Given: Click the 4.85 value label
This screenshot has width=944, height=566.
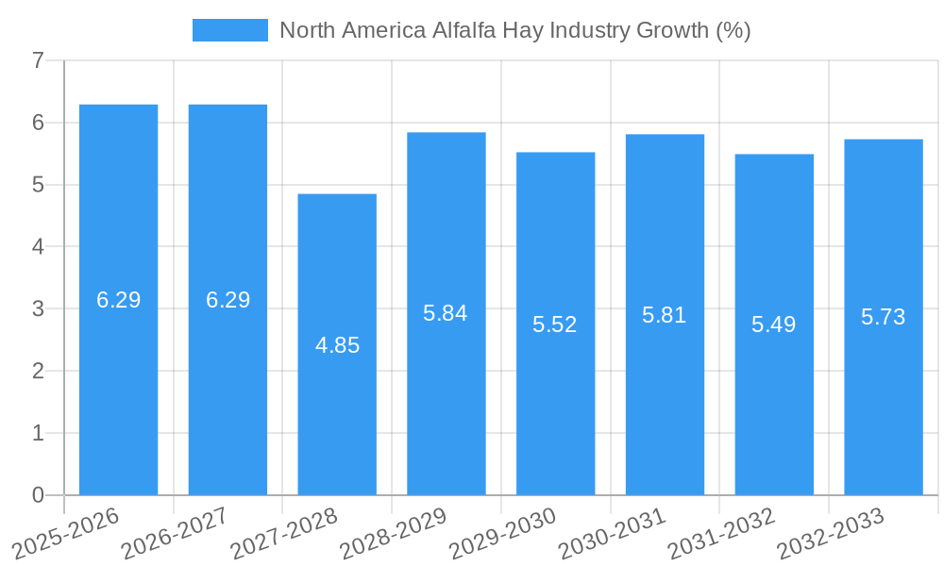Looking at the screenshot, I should pos(337,345).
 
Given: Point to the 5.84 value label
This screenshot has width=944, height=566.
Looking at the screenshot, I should pos(446,313).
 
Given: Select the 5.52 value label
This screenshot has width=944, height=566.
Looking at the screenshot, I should pos(555,325).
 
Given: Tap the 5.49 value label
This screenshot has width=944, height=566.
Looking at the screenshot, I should pos(774,325).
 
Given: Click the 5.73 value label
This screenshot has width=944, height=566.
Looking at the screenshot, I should pos(884,317).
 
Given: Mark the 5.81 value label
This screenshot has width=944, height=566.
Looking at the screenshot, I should pos(665,315).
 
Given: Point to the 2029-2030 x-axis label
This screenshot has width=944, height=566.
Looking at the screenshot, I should pos(501,534).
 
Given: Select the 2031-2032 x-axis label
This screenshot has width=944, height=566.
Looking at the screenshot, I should pos(720,534).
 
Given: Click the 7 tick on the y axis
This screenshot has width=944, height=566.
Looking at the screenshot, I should pos(38,60).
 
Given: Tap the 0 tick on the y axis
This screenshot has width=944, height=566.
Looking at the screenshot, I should pos(38,495).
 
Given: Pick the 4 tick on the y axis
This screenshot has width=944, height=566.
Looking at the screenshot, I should pos(38,247).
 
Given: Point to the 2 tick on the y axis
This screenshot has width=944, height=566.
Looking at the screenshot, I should pos(38,371).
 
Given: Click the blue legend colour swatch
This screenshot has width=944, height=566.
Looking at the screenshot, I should pos(229,30).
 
